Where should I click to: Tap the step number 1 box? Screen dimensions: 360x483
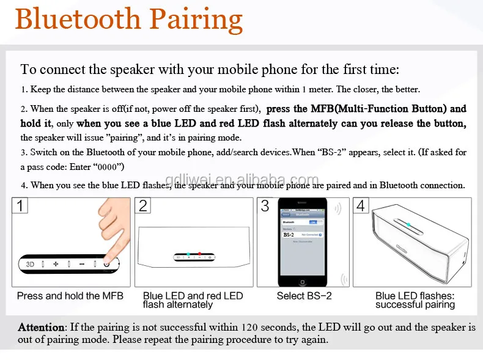(x=21, y=205)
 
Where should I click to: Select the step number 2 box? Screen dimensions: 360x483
(x=143, y=205)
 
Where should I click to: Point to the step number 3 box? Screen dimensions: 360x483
(x=265, y=205)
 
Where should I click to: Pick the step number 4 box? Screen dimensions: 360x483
(x=361, y=205)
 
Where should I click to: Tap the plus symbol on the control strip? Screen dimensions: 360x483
(x=55, y=264)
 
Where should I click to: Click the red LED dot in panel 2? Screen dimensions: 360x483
(x=199, y=254)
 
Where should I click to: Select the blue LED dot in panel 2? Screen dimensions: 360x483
(x=189, y=254)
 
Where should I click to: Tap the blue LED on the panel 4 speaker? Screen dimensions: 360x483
(x=408, y=224)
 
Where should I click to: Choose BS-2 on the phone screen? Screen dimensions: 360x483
(x=289, y=234)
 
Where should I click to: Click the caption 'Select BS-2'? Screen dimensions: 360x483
(x=304, y=296)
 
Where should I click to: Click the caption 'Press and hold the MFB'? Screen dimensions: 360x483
(x=70, y=296)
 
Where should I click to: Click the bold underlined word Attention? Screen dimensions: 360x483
(x=41, y=328)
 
